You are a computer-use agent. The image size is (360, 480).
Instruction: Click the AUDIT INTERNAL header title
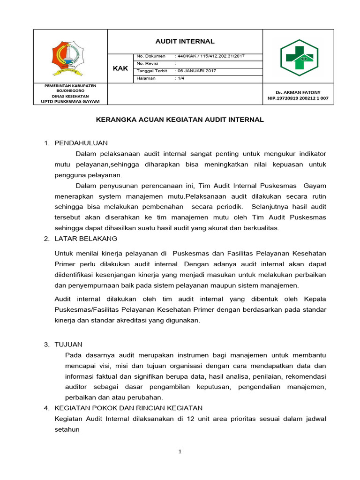(x=185, y=41)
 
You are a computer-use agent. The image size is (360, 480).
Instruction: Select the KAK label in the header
(x=120, y=68)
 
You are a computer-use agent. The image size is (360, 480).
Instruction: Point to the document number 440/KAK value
(x=210, y=56)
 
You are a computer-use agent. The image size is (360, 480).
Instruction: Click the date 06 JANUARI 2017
(x=196, y=71)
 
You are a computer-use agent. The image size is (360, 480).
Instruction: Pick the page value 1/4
(x=180, y=78)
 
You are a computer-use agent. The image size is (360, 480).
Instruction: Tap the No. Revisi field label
(x=147, y=63)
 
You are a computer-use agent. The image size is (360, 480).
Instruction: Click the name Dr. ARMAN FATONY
(x=298, y=92)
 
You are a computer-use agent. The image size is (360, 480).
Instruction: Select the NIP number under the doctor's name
(x=298, y=98)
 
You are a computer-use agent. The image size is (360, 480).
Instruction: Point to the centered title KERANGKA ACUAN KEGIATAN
(x=180, y=120)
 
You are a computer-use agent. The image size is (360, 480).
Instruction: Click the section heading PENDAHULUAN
(x=81, y=142)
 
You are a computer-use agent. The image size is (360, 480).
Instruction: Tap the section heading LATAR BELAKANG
(x=86, y=239)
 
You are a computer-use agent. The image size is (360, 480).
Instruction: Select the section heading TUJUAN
(x=68, y=345)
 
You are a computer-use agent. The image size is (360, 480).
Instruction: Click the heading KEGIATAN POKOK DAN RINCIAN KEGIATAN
(x=128, y=408)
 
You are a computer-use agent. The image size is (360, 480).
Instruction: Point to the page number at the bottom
(x=180, y=452)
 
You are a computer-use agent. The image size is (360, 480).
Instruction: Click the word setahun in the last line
(x=67, y=429)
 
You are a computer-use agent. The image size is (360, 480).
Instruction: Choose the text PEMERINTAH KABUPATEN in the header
(x=70, y=86)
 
